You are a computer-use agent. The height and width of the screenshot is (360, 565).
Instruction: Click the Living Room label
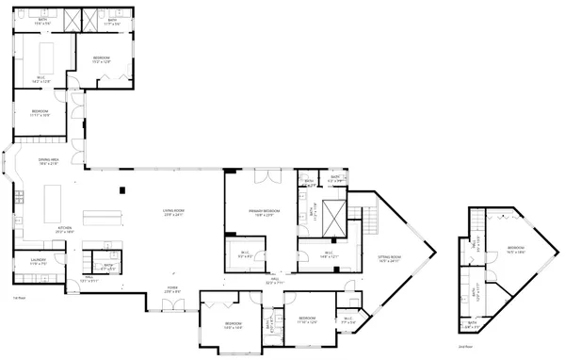[172, 212]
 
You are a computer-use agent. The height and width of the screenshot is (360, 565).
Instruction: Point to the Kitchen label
[65, 229]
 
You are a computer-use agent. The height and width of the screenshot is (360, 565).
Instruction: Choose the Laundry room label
[36, 263]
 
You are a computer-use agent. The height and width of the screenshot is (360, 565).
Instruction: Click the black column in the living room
[122, 190]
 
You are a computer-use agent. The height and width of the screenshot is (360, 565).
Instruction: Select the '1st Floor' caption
[18, 298]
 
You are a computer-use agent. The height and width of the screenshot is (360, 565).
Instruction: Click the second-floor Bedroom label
[515, 250]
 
